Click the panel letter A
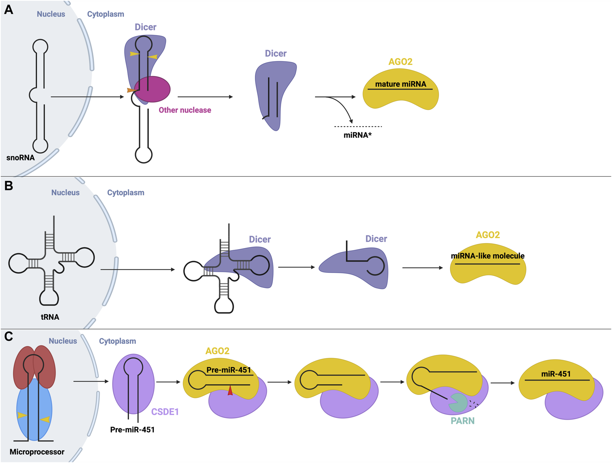9,10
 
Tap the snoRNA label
20,158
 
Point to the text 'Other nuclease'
185,110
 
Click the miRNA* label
357,135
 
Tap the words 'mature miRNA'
401,84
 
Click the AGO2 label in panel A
400,62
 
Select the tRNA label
50,317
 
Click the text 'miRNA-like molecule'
488,256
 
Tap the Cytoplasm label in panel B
126,193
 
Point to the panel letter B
9,186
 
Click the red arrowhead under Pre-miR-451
230,391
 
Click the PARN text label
462,421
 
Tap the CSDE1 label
165,412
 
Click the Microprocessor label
37,452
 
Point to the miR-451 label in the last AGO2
556,374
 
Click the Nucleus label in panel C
63,341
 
